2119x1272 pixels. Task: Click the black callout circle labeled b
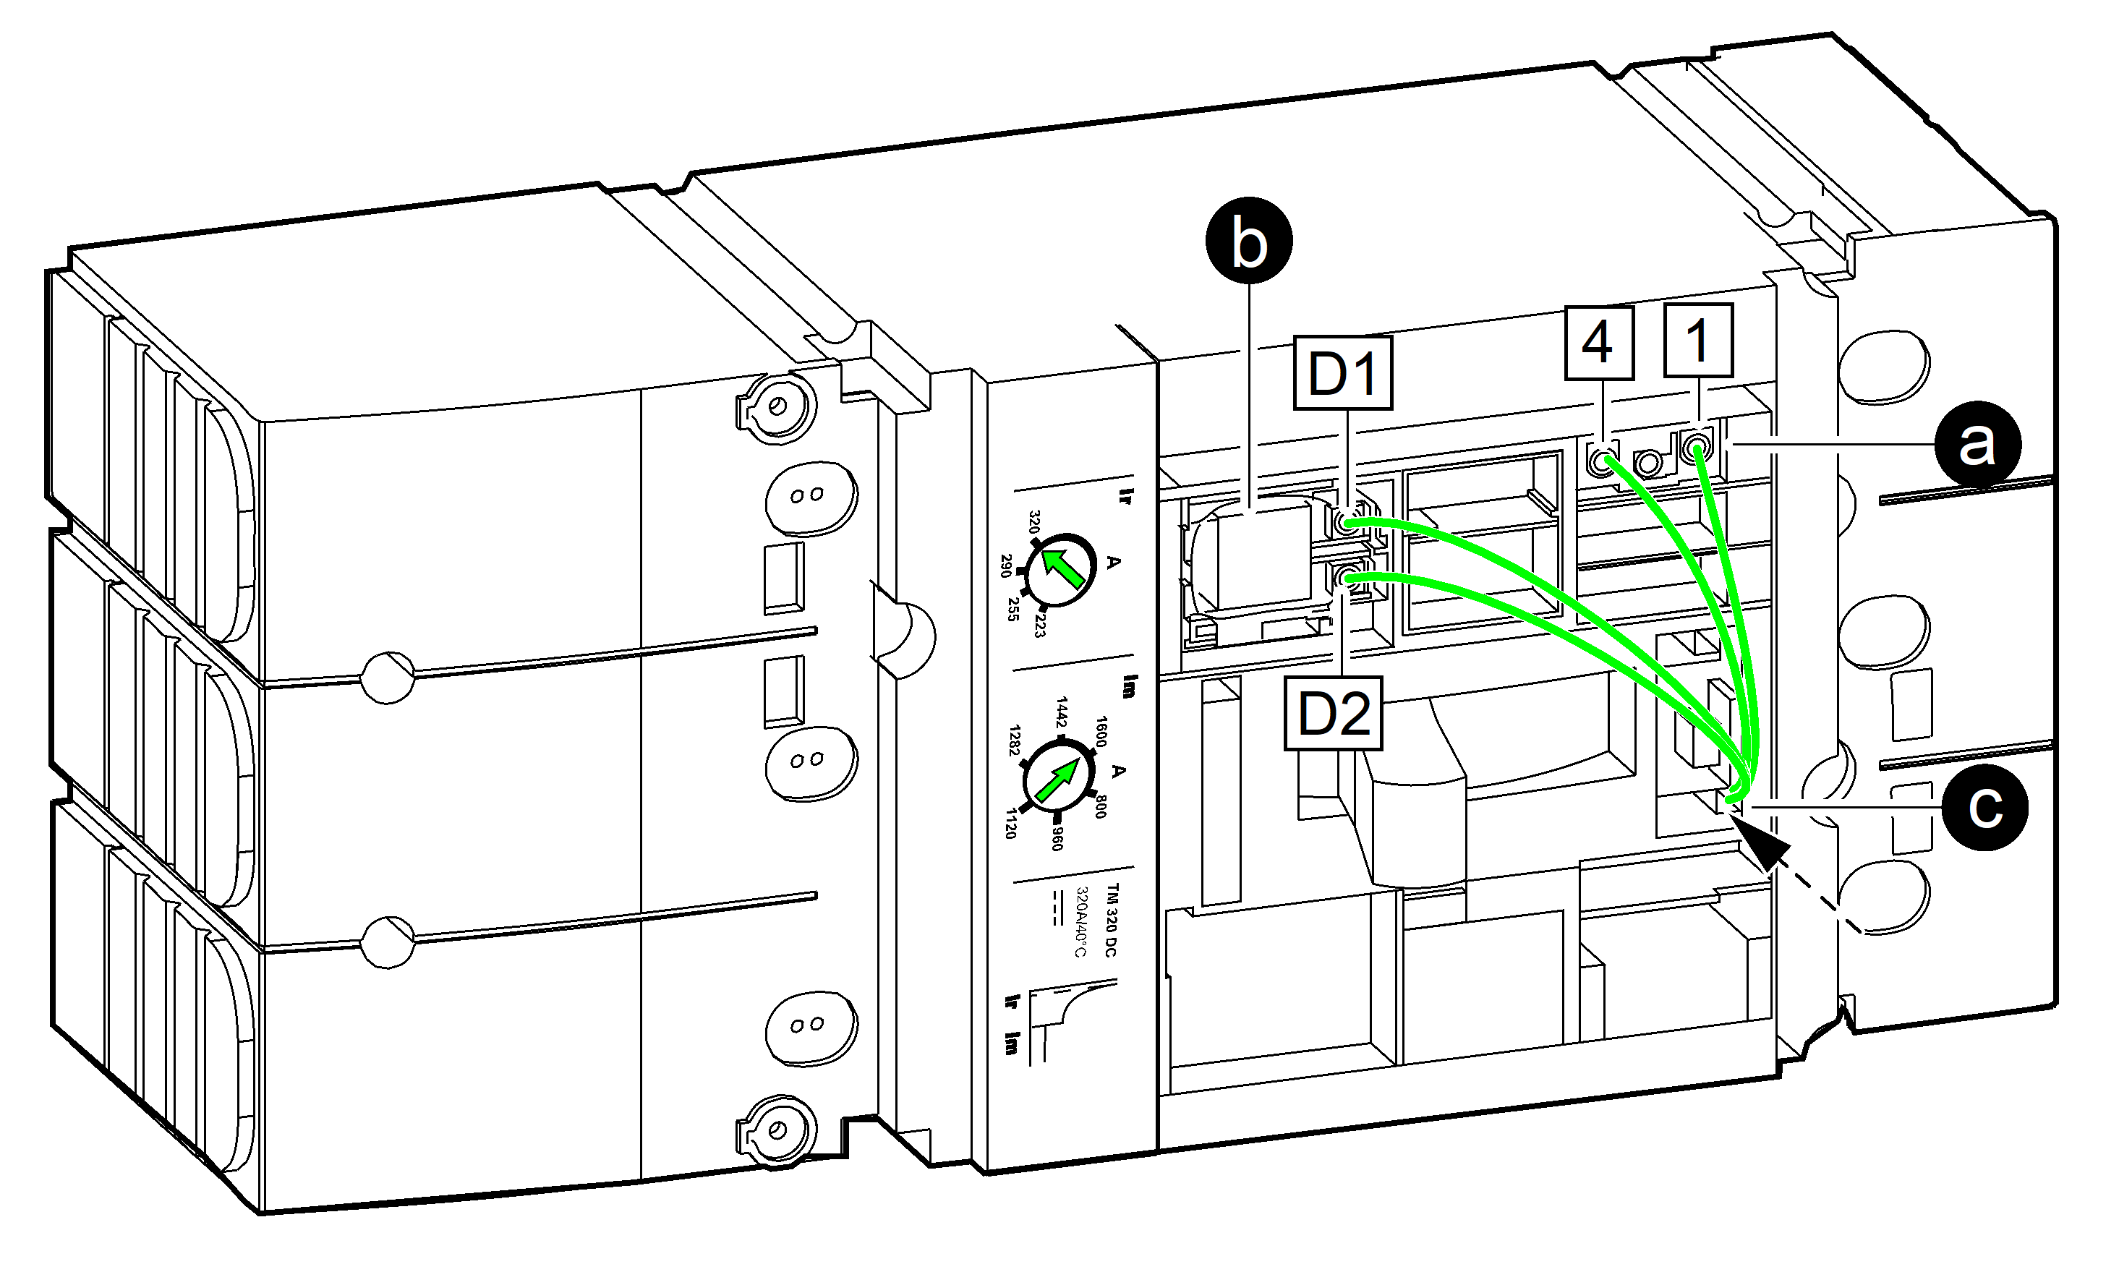tap(1248, 240)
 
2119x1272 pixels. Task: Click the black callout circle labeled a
tap(1977, 445)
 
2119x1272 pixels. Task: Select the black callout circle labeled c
tap(1985, 808)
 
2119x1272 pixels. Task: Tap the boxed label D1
tap(1342, 373)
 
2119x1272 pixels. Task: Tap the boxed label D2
tap(1334, 713)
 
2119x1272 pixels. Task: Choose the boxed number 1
tap(1698, 341)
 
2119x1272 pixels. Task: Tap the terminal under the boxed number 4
tap(1600, 464)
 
